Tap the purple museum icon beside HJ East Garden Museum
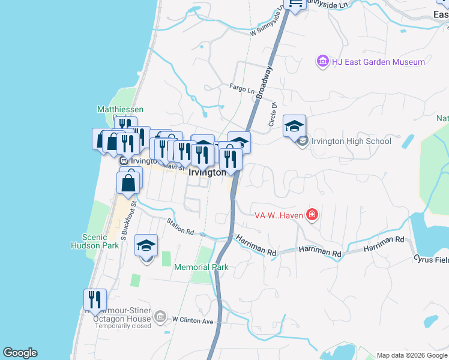coord(322,62)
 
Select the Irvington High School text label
coord(351,142)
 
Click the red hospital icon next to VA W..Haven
coord(312,214)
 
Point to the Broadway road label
coord(265,82)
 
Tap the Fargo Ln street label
coord(242,89)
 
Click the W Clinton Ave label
coord(193,321)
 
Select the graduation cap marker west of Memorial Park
coord(146,245)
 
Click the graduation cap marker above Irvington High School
coord(295,126)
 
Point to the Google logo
coord(20,353)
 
